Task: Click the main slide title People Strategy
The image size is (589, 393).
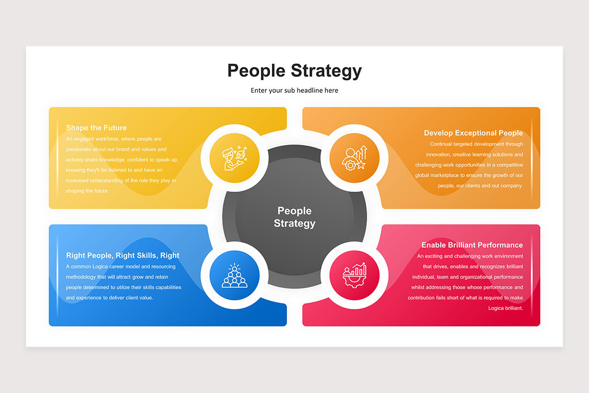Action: [x=294, y=71]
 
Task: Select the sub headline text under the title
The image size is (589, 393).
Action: [x=294, y=90]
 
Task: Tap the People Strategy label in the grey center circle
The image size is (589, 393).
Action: [x=294, y=217]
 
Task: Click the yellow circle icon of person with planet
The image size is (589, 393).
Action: [x=235, y=158]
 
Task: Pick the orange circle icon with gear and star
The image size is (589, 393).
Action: [x=354, y=158]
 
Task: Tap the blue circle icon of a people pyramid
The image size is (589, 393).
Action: [x=235, y=275]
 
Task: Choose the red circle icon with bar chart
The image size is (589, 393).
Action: [x=354, y=275]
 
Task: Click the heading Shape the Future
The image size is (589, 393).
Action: [x=96, y=128]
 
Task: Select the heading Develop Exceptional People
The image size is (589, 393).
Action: [x=473, y=133]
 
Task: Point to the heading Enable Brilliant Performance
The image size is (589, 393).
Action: [x=472, y=245]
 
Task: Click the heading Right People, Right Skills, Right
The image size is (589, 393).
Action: [x=123, y=255]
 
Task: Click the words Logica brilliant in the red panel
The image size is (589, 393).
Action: [x=506, y=308]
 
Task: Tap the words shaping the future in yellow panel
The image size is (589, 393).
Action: [x=87, y=191]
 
